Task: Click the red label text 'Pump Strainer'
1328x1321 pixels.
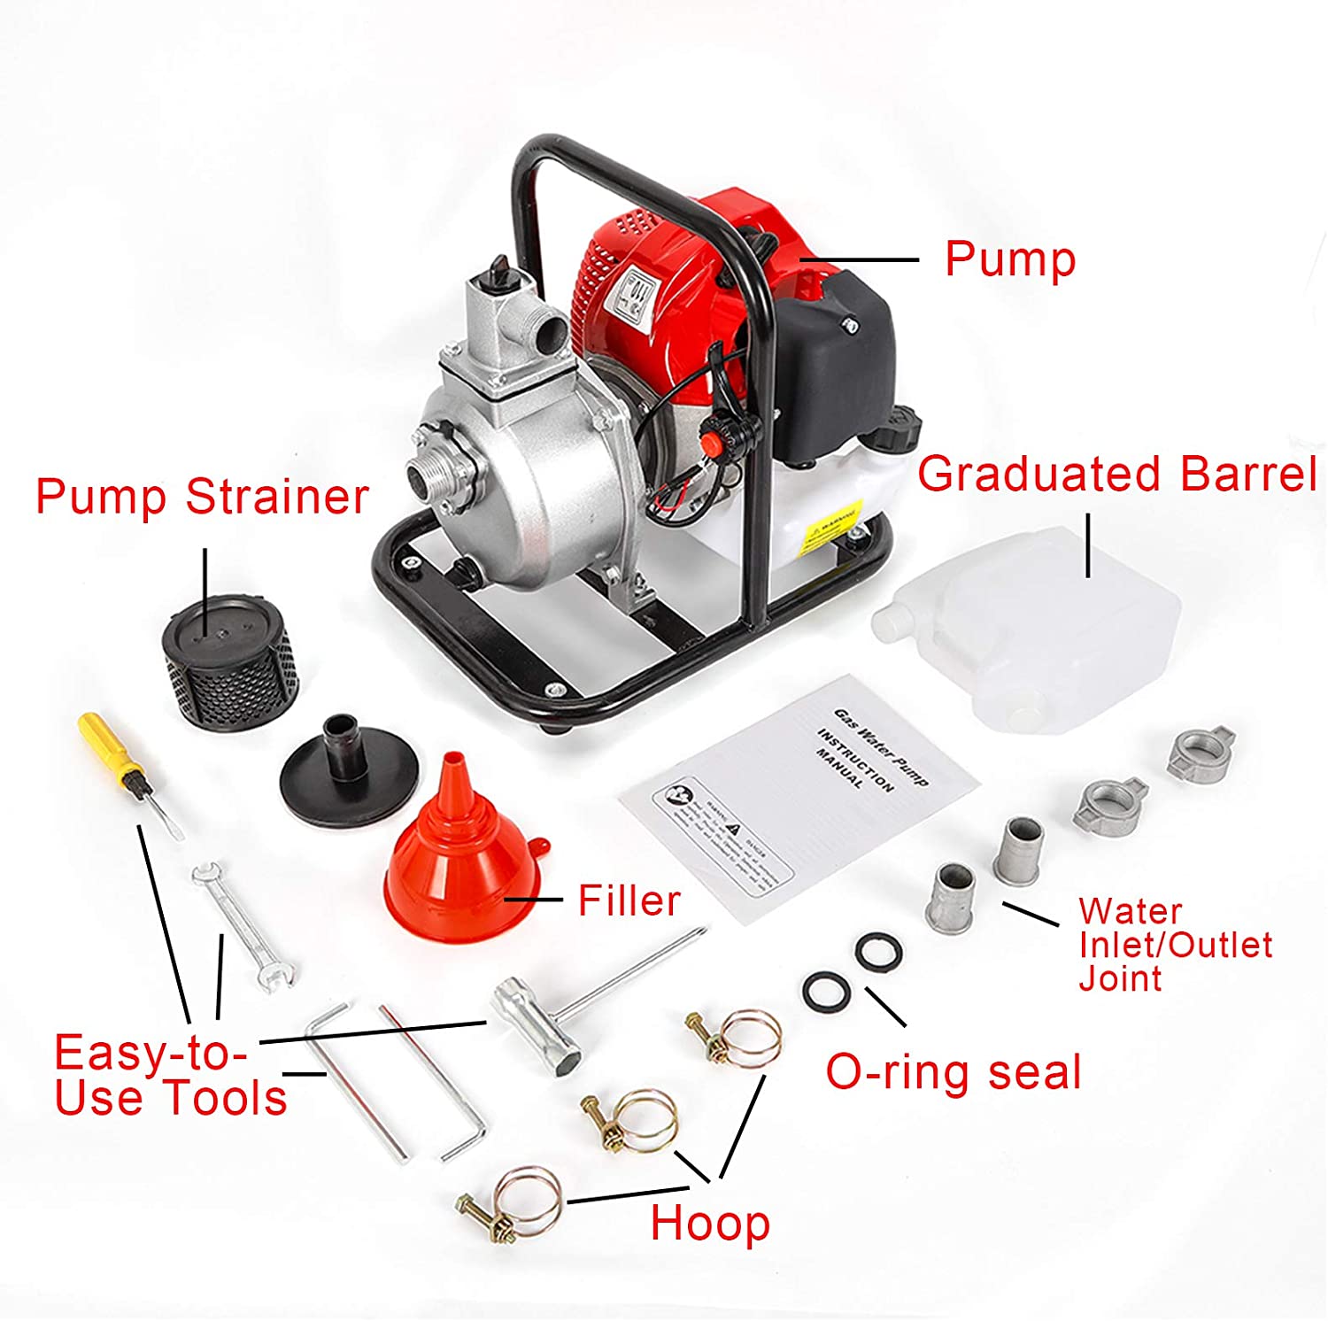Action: tap(202, 497)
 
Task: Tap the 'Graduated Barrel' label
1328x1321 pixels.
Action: tap(1117, 475)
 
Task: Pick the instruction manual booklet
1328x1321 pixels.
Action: tap(797, 797)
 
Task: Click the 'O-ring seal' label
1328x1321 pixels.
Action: tap(954, 1071)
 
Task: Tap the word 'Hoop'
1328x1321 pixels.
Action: tap(710, 1224)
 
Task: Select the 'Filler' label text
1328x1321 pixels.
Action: tap(629, 901)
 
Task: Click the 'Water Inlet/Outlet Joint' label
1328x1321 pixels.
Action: tap(1174, 945)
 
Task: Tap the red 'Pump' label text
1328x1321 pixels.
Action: tap(1010, 259)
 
